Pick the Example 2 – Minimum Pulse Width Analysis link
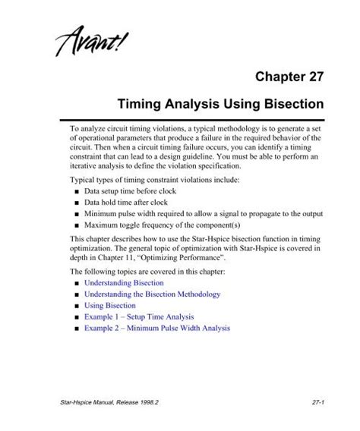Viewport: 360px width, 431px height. [156, 329]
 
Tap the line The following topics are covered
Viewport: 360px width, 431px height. [144, 270]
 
